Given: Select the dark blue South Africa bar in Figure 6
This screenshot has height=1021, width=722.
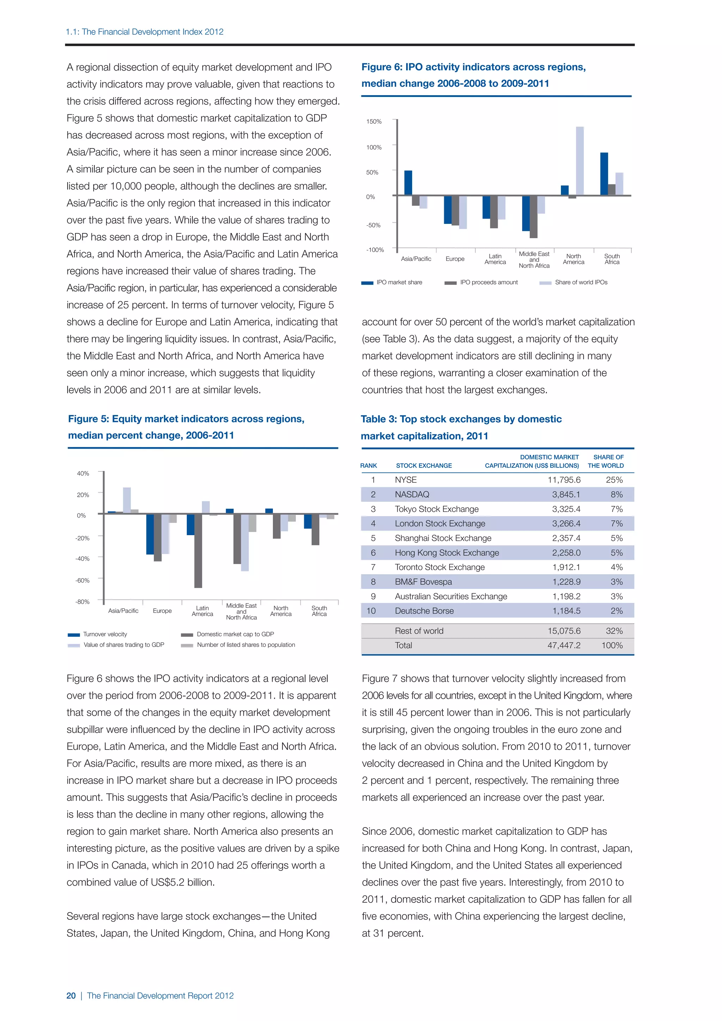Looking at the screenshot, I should [x=604, y=174].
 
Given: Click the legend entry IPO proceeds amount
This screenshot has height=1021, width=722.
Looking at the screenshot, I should [x=489, y=282].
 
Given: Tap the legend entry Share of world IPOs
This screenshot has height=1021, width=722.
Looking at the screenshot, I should [x=581, y=282].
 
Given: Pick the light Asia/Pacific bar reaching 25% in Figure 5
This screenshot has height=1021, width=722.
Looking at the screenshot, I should [x=127, y=500].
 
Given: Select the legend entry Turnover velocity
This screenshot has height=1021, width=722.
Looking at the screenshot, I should [x=105, y=634].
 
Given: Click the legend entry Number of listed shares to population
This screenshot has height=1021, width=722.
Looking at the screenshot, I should [x=246, y=645].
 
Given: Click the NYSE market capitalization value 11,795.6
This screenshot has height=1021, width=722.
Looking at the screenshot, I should [x=564, y=480].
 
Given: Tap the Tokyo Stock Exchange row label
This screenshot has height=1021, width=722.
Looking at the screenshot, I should [x=436, y=509].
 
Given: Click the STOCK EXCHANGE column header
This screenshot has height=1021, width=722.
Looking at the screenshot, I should [x=424, y=466].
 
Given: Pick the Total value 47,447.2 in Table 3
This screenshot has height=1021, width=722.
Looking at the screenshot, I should [x=564, y=645].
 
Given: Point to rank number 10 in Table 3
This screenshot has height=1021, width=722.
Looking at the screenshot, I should [x=371, y=611].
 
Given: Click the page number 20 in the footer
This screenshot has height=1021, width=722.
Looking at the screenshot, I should [x=71, y=996].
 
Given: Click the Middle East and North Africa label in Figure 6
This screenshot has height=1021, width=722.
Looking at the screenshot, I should [x=534, y=260].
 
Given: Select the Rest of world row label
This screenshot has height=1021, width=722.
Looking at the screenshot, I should [x=419, y=631].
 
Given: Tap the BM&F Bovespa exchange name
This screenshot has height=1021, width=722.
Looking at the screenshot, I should [x=423, y=582].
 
